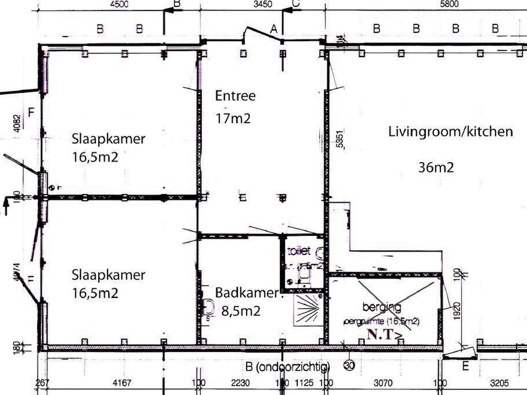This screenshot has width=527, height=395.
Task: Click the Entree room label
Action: (235, 96)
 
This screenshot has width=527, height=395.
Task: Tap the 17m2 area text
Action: (233, 118)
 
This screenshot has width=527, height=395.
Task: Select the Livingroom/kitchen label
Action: (450, 132)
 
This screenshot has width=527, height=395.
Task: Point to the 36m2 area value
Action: (436, 168)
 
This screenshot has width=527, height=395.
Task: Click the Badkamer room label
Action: (247, 292)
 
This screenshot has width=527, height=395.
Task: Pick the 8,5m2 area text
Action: (240, 311)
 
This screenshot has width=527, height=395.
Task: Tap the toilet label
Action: (299, 251)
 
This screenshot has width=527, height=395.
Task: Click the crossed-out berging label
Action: (382, 307)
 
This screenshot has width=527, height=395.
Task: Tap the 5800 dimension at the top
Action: (449, 4)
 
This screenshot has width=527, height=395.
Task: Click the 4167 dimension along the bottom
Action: (122, 383)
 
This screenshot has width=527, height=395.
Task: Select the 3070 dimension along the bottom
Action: (383, 383)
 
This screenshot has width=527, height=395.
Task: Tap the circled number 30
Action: (349, 365)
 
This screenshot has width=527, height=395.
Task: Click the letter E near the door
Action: (465, 366)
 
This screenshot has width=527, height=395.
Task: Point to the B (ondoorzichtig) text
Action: (288, 367)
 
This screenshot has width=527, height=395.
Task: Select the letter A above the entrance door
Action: (274, 30)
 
